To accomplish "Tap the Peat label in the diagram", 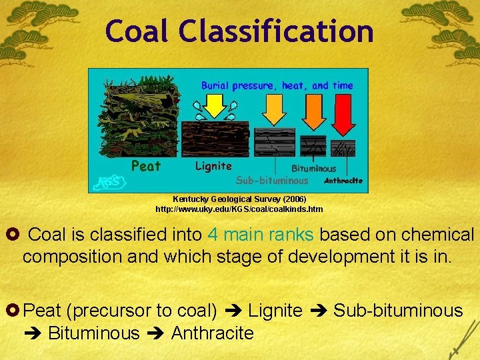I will coord(145,167).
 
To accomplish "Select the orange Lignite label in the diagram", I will coord(213,167).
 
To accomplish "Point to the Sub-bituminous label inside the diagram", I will coord(273,180).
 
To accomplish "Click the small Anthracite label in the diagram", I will coord(343,181).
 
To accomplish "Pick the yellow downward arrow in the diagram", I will coord(215,105).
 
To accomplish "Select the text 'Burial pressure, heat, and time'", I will coord(277,85).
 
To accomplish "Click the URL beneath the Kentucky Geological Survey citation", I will coord(239,209).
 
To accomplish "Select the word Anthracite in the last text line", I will coord(212,333).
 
